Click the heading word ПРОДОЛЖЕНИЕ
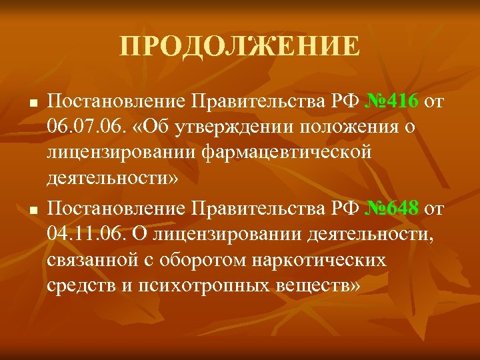pos(240,47)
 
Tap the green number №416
pos(392,101)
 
